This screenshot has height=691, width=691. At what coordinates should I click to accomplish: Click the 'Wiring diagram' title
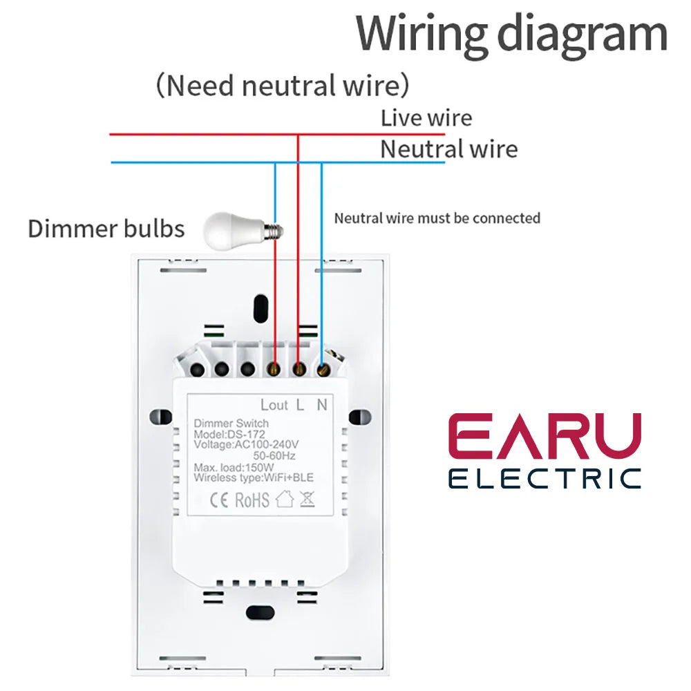[x=512, y=33]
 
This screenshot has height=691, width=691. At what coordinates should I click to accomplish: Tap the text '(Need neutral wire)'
[x=282, y=86]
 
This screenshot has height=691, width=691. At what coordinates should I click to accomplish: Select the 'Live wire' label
[x=426, y=117]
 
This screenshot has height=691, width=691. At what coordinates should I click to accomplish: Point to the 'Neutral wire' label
[x=448, y=149]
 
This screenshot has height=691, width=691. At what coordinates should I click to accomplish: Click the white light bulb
[x=238, y=229]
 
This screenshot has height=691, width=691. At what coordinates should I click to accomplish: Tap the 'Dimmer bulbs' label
[x=106, y=229]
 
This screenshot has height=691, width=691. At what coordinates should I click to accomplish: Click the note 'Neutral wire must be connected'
[x=437, y=218]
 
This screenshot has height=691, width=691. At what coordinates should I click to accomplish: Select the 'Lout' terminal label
[x=274, y=405]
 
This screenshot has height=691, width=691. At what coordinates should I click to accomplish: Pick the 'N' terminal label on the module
[x=322, y=405]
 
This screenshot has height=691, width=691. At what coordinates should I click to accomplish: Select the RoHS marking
[x=252, y=500]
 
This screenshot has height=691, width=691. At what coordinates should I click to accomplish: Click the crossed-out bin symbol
[x=307, y=499]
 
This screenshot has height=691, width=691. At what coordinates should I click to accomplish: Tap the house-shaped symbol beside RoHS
[x=285, y=499]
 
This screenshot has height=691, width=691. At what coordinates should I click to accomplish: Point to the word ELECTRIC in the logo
[x=545, y=478]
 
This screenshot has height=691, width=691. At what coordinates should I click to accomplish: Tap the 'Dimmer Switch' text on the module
[x=231, y=424]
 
